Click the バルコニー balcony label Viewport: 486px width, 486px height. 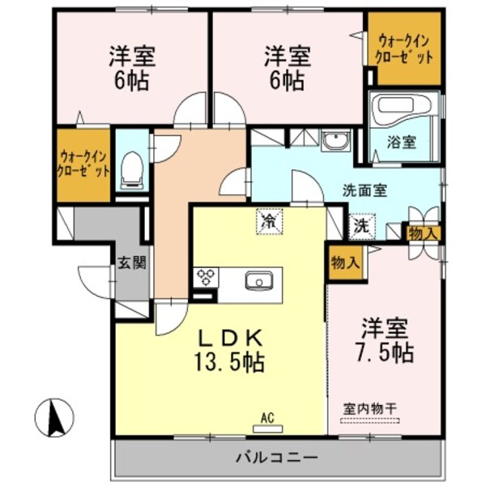tap(277, 458)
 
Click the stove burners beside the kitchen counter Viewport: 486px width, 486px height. tap(206, 278)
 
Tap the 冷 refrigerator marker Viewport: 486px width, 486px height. tap(267, 220)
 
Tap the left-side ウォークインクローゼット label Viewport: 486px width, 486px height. tap(83, 164)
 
